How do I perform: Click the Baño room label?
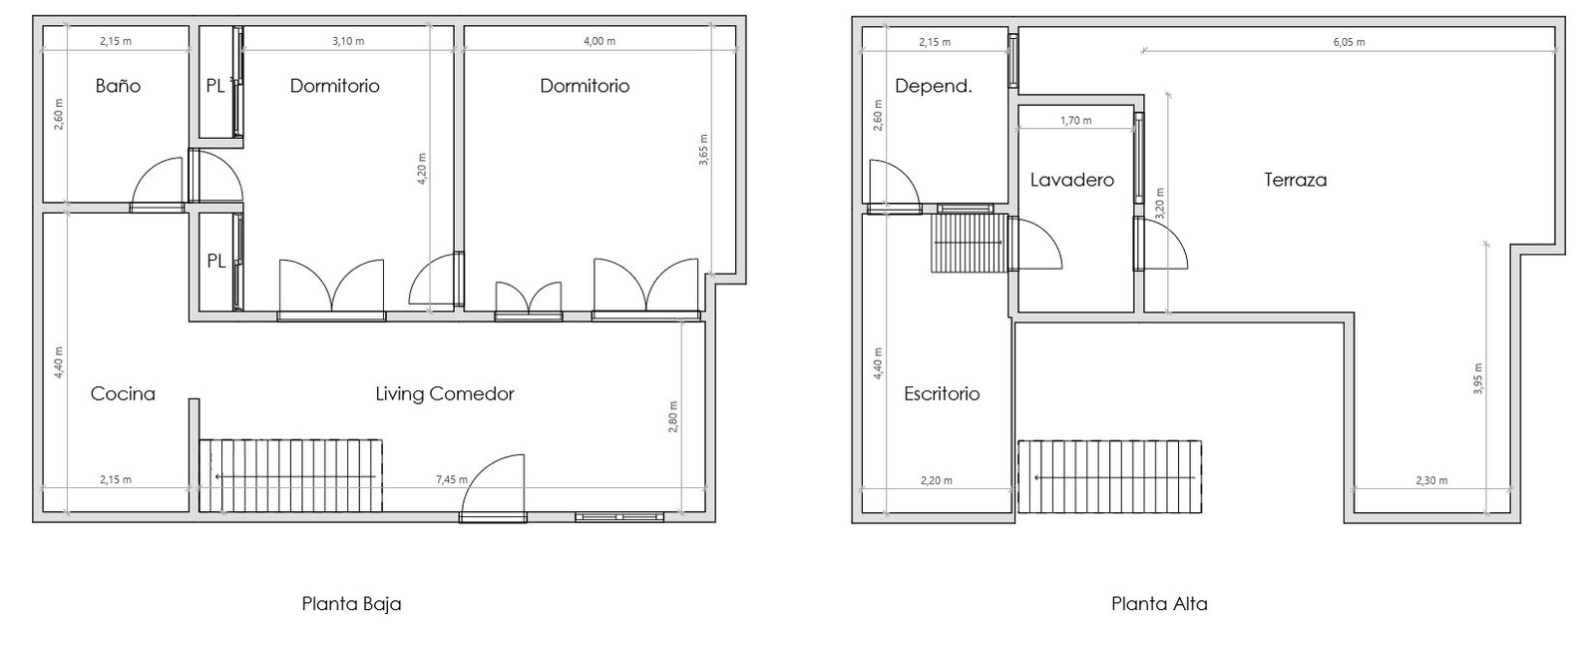tap(119, 86)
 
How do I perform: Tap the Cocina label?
tap(123, 393)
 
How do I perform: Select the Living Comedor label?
tap(445, 393)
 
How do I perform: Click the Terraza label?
tap(1296, 180)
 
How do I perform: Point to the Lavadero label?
tap(1071, 180)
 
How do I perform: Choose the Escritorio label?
tap(942, 393)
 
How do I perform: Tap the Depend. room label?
tap(934, 86)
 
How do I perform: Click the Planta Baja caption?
tap(351, 604)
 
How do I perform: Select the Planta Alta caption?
tap(1159, 604)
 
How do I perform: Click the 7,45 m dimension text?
tap(452, 480)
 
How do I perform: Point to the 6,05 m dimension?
tap(1349, 42)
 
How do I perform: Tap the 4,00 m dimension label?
tap(599, 41)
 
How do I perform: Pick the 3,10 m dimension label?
tap(348, 41)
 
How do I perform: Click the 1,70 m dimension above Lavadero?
tap(1076, 121)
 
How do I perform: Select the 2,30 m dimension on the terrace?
tap(1431, 480)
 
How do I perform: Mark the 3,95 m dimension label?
tap(1477, 378)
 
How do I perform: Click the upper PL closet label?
tap(215, 86)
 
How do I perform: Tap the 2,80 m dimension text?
tap(673, 416)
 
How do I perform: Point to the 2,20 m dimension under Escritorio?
tap(937, 480)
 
